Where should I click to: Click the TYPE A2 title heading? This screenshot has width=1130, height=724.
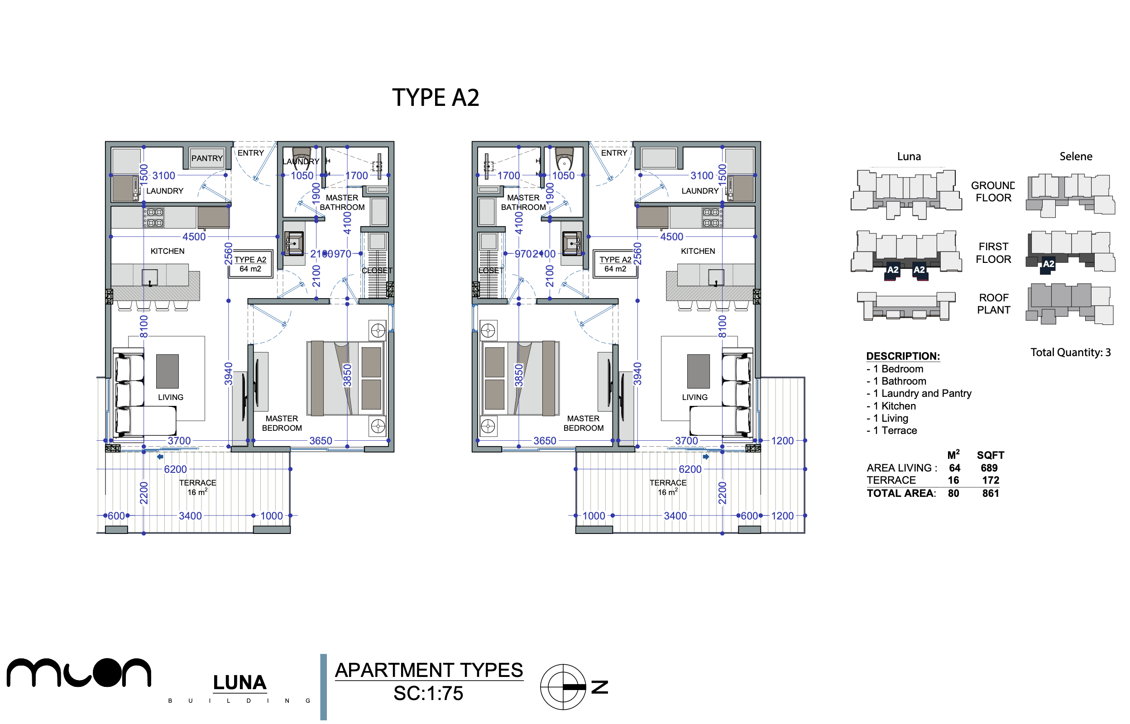pyautogui.click(x=436, y=98)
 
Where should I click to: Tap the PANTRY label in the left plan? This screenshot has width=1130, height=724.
pyautogui.click(x=207, y=158)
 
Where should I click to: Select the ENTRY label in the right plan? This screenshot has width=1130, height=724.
pyautogui.click(x=614, y=153)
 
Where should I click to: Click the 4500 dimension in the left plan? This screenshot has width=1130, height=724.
pyautogui.click(x=194, y=237)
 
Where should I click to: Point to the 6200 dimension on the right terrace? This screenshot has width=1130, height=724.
pyautogui.click(x=690, y=469)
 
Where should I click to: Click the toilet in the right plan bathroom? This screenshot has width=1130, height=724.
pyautogui.click(x=564, y=160)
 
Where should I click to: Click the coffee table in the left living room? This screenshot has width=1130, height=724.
pyautogui.click(x=168, y=372)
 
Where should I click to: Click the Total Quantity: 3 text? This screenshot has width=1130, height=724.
pyautogui.click(x=1070, y=352)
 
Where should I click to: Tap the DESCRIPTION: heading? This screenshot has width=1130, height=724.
pyautogui.click(x=903, y=357)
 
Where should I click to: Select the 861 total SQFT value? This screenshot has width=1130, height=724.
pyautogui.click(x=991, y=493)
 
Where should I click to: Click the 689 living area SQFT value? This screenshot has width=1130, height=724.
pyautogui.click(x=989, y=468)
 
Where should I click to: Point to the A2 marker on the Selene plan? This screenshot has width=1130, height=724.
pyautogui.click(x=1048, y=264)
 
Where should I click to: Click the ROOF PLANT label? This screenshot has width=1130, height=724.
pyautogui.click(x=993, y=304)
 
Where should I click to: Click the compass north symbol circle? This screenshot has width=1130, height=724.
pyautogui.click(x=563, y=687)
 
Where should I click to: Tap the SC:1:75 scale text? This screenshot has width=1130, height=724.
pyautogui.click(x=428, y=693)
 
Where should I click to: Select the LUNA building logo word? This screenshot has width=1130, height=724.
pyautogui.click(x=239, y=683)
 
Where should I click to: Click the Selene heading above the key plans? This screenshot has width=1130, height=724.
pyautogui.click(x=1076, y=157)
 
